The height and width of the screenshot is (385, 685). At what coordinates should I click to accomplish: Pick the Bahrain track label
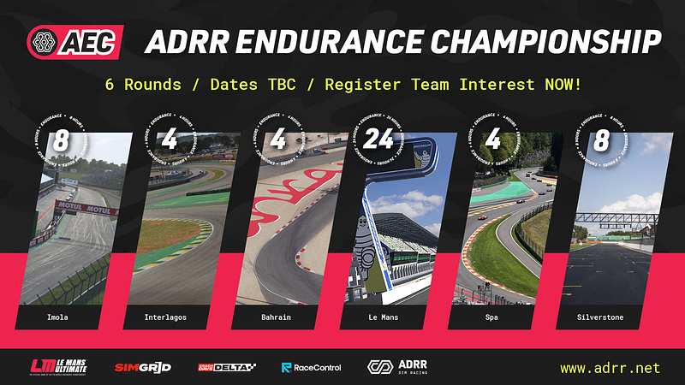coord(274,317)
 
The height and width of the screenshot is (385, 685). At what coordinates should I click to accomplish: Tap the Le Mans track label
coord(381,317)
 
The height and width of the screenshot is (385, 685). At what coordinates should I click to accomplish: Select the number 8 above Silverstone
coord(599,139)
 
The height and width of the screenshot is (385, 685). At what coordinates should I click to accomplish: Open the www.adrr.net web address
coord(610,368)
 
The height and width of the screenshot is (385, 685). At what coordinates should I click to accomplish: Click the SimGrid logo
coord(143,368)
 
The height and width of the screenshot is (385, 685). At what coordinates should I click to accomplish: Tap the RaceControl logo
coord(312,368)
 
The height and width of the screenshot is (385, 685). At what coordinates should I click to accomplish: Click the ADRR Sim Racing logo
coord(397,367)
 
